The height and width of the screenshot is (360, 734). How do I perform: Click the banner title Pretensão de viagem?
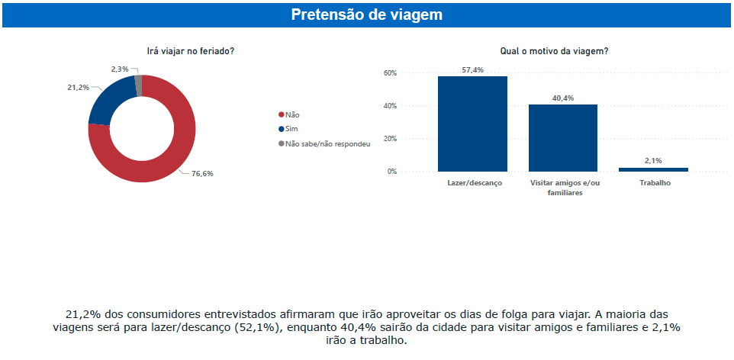(366, 15)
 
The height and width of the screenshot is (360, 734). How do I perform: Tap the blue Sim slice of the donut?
(108, 102)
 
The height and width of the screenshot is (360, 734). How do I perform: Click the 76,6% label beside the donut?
(201, 174)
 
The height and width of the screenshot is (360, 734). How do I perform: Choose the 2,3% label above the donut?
(120, 69)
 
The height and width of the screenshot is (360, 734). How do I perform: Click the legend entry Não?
(292, 114)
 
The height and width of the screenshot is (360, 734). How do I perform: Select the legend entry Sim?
(292, 129)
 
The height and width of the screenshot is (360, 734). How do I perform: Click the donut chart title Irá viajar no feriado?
(190, 51)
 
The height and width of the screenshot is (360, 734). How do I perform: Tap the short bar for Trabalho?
(652, 169)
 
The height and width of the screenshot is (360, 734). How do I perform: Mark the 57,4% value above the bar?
(472, 69)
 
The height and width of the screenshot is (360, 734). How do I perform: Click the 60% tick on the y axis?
(390, 73)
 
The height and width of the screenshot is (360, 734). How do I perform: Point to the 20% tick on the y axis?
(390, 139)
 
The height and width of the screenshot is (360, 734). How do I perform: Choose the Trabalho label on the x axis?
(653, 184)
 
